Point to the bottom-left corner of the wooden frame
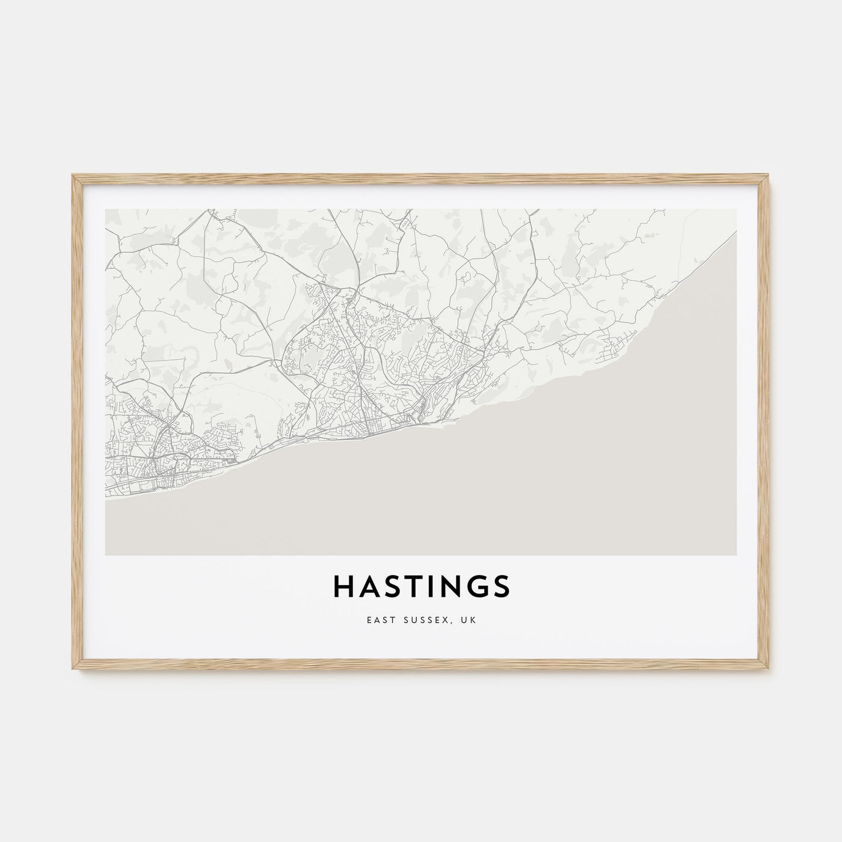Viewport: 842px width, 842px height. point(73,668)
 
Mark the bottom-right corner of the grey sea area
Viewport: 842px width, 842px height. point(736,554)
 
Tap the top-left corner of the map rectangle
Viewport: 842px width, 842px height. point(106,210)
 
